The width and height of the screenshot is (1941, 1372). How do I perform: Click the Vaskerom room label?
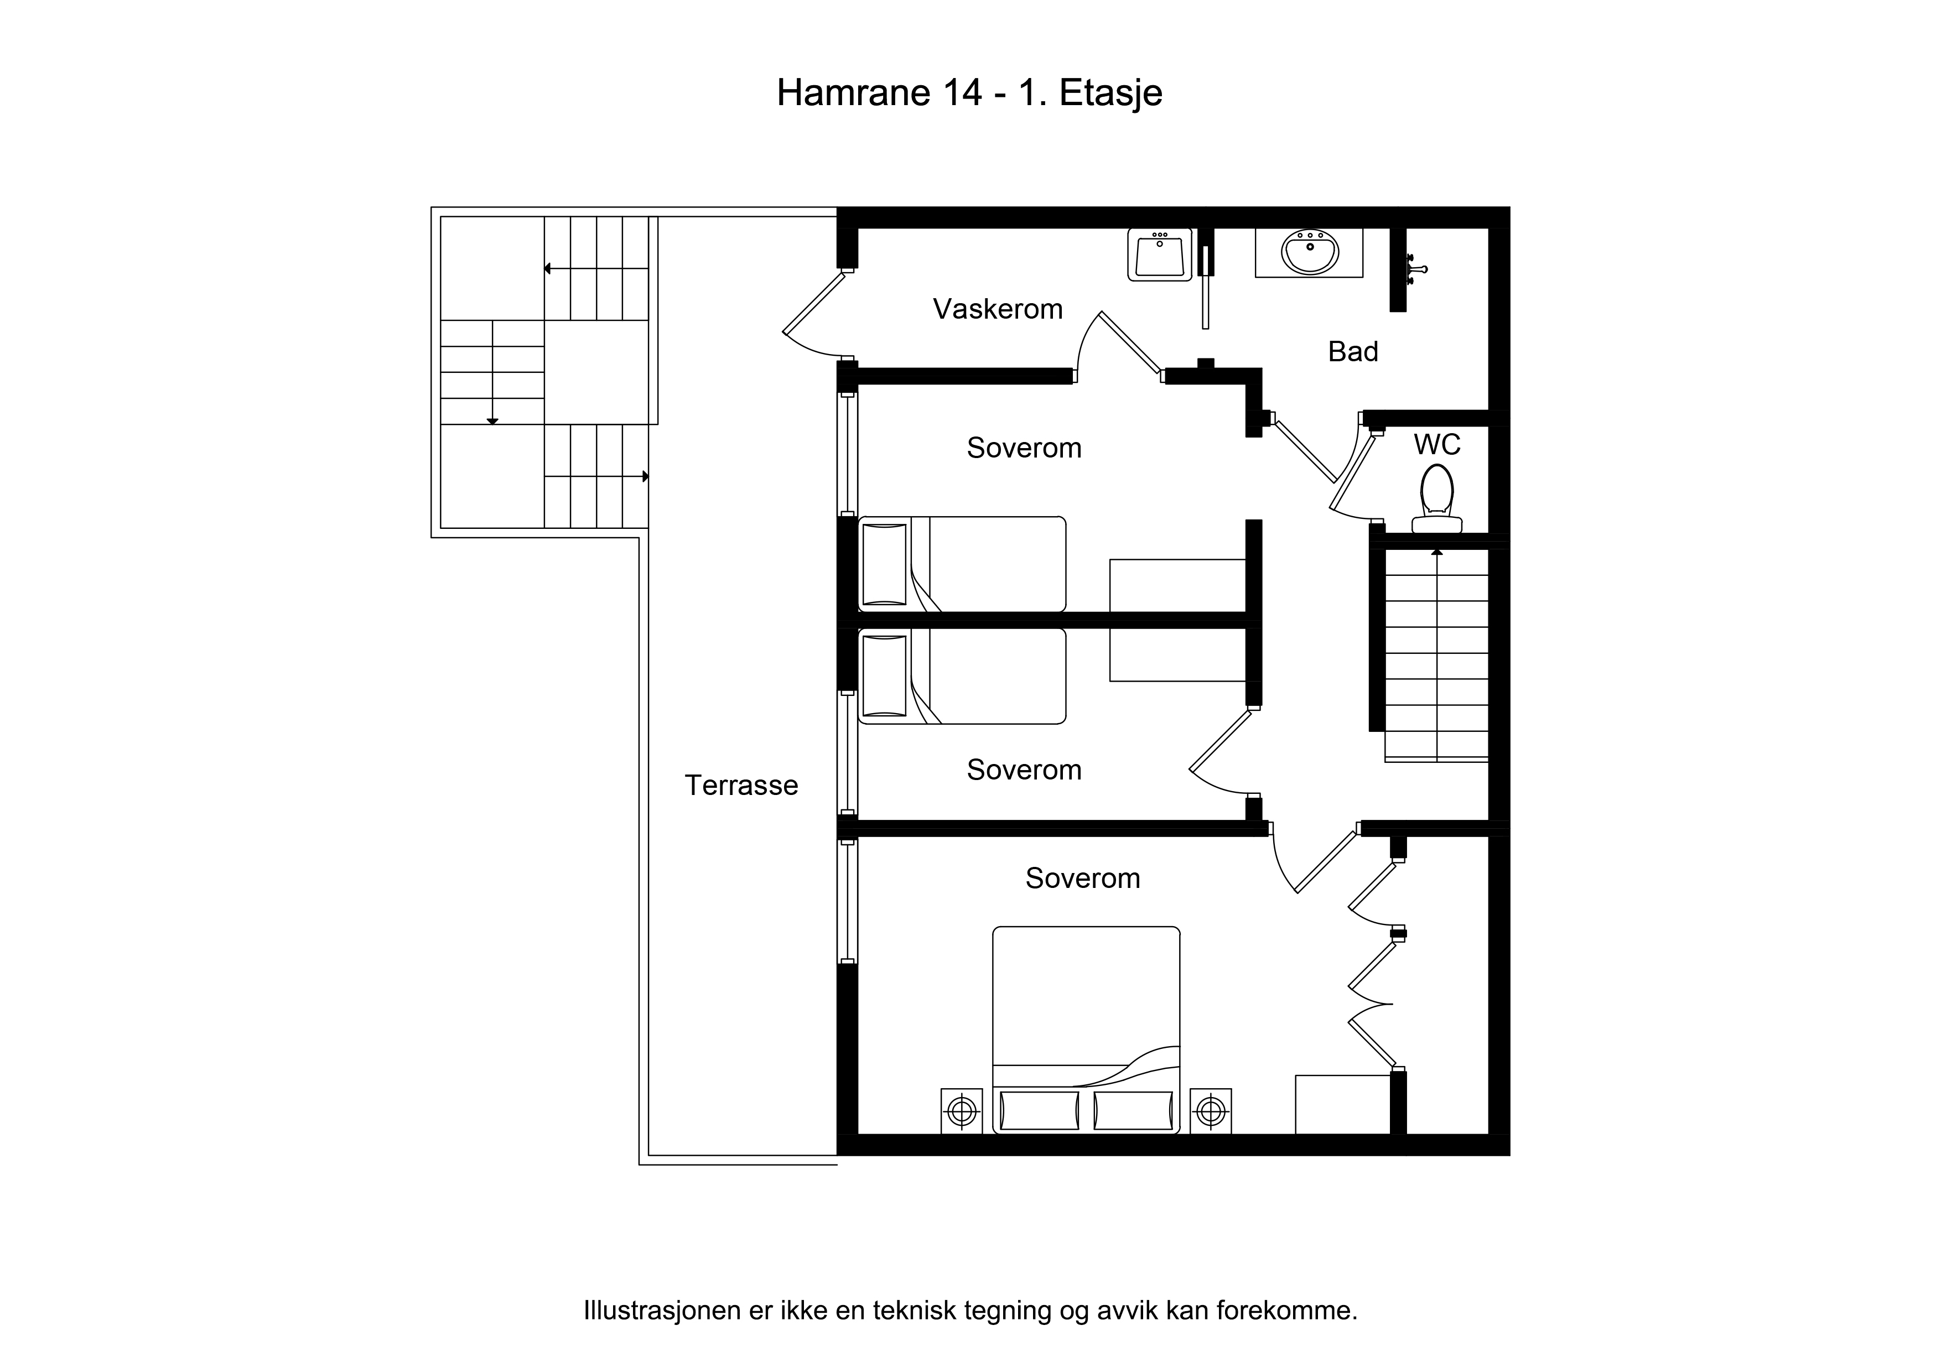(998, 309)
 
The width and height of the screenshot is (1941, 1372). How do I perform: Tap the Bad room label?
(1353, 352)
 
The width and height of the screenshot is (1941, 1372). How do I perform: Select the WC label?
(1437, 445)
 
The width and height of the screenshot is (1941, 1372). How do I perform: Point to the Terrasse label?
(741, 786)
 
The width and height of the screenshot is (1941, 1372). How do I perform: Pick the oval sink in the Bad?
(1310, 251)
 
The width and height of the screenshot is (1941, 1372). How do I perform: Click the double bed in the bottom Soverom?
(1086, 1030)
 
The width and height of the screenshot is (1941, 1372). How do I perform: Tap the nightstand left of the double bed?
(962, 1111)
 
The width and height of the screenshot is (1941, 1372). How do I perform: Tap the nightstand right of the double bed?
(1211, 1111)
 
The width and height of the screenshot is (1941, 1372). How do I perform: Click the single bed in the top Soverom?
(962, 564)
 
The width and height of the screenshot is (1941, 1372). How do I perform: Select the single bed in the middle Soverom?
(962, 675)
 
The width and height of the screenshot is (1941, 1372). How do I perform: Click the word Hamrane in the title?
(854, 93)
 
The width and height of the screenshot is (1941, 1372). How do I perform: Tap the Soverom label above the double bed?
(1083, 879)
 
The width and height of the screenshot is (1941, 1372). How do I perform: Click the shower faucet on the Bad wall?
(1414, 269)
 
